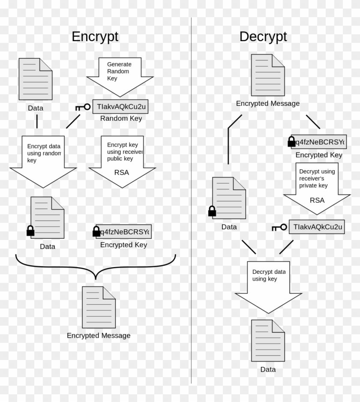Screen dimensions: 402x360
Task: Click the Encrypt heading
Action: tap(95, 36)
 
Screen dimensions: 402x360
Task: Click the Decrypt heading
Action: tap(263, 36)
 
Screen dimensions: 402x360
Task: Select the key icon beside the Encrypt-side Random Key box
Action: tap(83, 107)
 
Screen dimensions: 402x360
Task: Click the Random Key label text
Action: tap(121, 118)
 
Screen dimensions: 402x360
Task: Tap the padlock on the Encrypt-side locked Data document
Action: tap(30, 231)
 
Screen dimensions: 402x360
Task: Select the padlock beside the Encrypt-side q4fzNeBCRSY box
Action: tap(96, 232)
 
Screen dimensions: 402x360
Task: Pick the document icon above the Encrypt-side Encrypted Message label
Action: tap(99, 307)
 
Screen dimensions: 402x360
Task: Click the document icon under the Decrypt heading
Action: tap(267, 75)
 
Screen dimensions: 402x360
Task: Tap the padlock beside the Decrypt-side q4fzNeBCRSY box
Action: tap(291, 141)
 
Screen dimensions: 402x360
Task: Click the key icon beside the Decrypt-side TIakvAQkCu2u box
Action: tap(279, 228)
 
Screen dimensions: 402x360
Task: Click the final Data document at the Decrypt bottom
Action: tap(268, 340)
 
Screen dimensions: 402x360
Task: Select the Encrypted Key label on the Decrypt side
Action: tap(319, 155)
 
